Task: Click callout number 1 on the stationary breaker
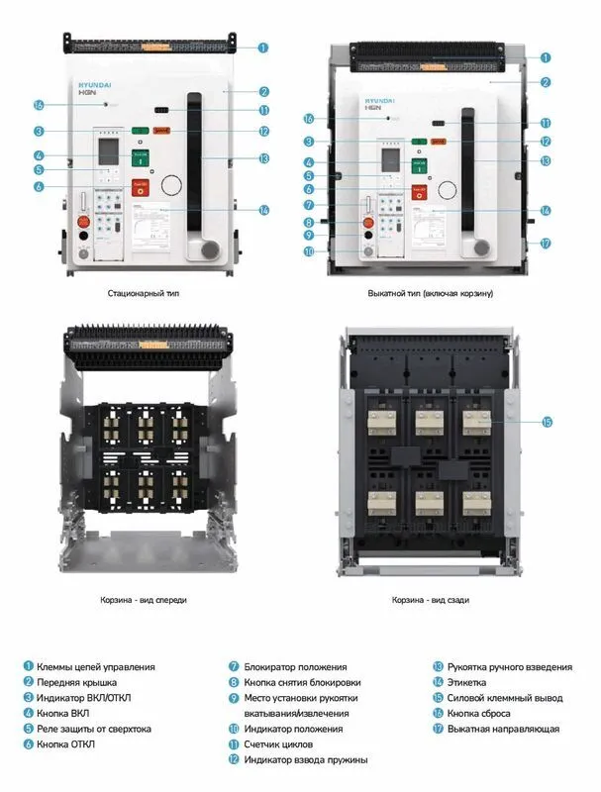coord(263,47)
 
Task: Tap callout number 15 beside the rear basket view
coord(547,421)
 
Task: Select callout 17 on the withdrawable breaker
coord(546,243)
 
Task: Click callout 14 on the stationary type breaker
coord(263,210)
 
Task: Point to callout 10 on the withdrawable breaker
coord(309,251)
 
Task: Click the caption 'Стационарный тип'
coord(144,294)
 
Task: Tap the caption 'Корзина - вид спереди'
coord(144,600)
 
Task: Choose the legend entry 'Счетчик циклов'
coord(277,744)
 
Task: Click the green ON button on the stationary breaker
coord(140,154)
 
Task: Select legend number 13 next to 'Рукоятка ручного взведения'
coord(437,667)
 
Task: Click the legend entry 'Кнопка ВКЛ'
coord(66,714)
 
